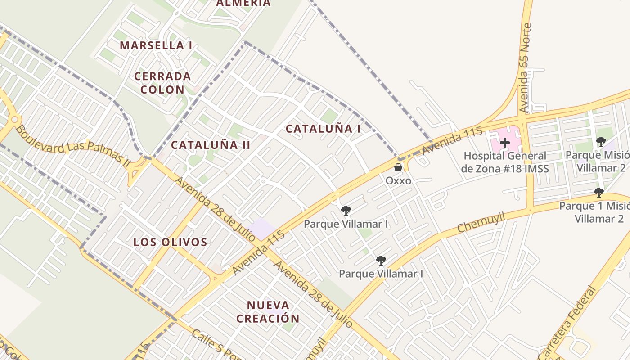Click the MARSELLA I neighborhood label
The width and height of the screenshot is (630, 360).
click(156, 45)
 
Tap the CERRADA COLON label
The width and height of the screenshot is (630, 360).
click(162, 82)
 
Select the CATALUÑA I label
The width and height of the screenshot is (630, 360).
click(323, 129)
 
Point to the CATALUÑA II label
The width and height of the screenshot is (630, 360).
click(211, 145)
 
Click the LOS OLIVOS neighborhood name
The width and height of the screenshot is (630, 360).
click(170, 242)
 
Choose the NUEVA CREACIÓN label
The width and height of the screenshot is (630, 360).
click(268, 312)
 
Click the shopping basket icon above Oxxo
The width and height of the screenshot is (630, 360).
click(398, 168)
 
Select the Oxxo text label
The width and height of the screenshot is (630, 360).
click(398, 180)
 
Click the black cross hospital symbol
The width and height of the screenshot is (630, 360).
click(505, 143)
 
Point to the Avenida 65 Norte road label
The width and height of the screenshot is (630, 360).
click(525, 68)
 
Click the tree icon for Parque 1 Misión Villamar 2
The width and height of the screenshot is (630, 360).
click(598, 193)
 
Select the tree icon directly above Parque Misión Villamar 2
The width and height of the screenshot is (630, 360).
click(601, 142)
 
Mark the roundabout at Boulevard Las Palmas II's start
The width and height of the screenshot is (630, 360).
click(15, 120)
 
